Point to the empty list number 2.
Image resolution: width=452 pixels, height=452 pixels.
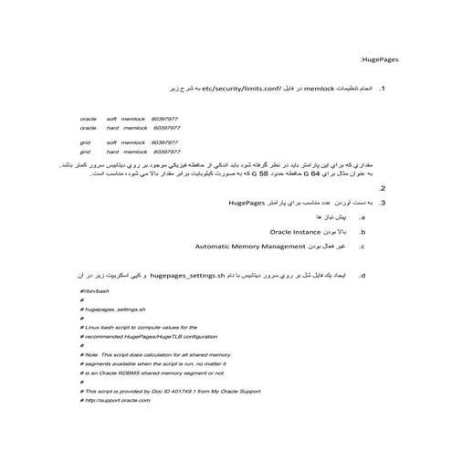382,188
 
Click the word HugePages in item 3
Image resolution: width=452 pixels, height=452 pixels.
247,203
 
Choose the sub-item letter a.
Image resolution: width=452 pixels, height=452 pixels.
363,219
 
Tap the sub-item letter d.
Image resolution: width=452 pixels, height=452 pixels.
363,274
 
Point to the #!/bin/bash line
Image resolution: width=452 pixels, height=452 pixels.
95,290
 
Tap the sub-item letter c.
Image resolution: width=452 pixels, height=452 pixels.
363,247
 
